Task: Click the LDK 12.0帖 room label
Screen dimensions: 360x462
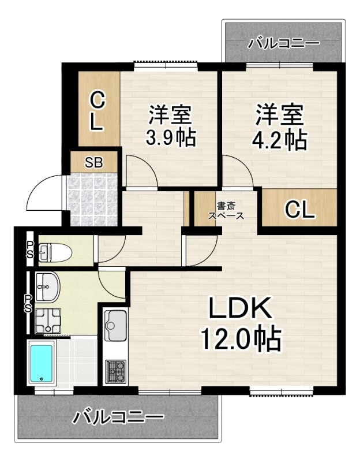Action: click(241, 323)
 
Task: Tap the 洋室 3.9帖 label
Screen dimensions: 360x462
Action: click(171, 126)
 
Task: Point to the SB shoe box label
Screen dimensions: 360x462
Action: click(94, 162)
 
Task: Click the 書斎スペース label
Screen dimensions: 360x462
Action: click(226, 211)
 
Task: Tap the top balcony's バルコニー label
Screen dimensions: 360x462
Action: click(283, 44)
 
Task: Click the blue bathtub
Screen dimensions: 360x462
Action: click(42, 363)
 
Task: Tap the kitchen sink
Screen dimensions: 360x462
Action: click(116, 325)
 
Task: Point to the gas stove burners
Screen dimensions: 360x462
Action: click(116, 371)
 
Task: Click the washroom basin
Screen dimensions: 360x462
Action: click(48, 286)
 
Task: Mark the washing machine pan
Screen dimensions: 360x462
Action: click(48, 321)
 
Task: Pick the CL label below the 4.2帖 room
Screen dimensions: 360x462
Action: click(299, 210)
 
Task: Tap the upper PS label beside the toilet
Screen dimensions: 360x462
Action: click(30, 249)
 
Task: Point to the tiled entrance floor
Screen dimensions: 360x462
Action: click(92, 200)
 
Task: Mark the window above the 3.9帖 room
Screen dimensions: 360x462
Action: click(166, 65)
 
